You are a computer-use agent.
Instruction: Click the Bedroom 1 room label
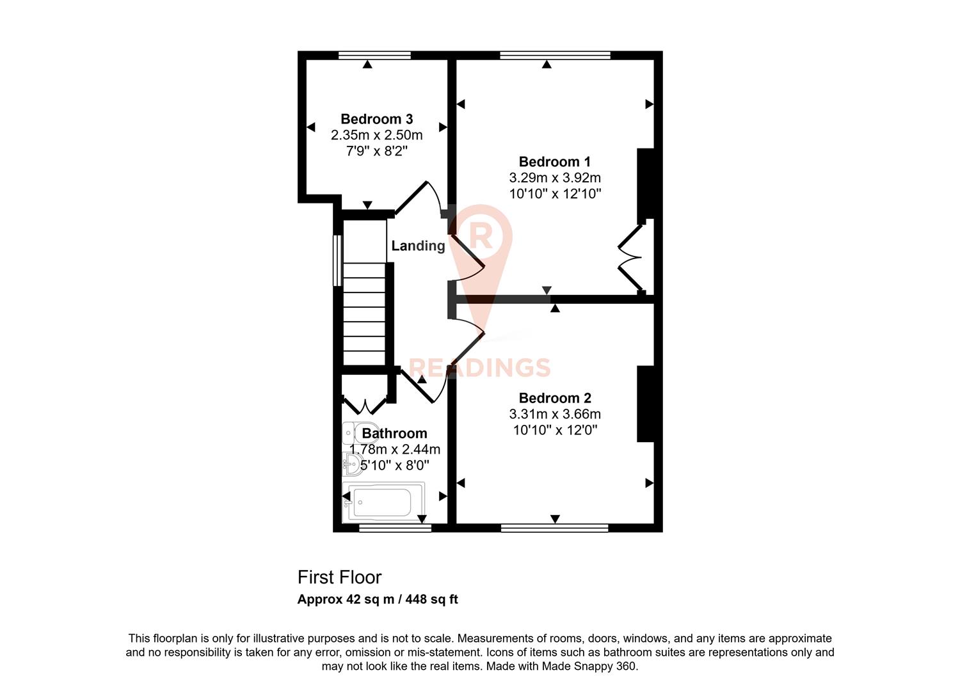[x=554, y=162]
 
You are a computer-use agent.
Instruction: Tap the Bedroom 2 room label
[x=554, y=398]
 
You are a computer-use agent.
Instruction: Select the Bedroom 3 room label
[x=376, y=119]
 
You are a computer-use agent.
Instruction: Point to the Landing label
[x=418, y=246]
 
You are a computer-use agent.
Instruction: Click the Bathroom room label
[x=394, y=433]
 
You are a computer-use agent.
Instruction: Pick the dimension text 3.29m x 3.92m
[x=554, y=178]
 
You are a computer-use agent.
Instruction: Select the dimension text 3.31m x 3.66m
[x=554, y=414]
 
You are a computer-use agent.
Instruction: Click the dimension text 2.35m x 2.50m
[x=376, y=135]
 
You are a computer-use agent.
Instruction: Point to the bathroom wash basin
[x=351, y=463]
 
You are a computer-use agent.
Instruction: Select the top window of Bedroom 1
[x=555, y=56]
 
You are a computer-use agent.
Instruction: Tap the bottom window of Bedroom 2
[x=554, y=528]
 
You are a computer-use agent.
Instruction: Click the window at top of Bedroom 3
[x=374, y=56]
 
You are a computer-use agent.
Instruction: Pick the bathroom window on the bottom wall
[x=394, y=528]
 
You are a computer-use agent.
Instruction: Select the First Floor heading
[x=339, y=577]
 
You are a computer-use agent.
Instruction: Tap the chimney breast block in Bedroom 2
[x=645, y=404]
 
